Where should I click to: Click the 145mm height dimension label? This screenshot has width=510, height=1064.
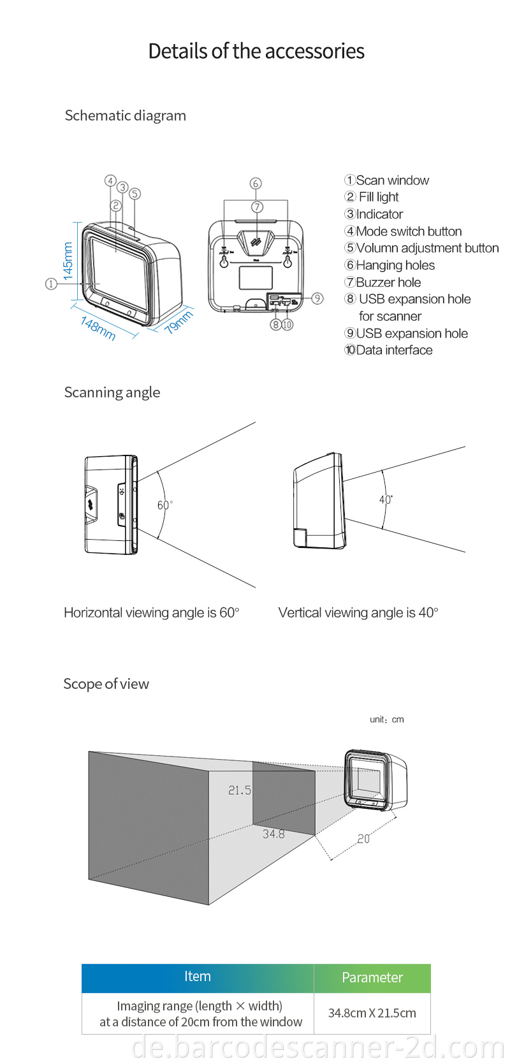tap(68, 260)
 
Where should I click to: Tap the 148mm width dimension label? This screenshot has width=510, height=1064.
tap(98, 328)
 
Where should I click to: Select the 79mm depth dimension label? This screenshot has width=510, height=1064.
tap(178, 322)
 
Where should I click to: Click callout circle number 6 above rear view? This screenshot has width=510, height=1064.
tap(256, 184)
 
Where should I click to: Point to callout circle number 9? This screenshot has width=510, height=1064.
tap(317, 298)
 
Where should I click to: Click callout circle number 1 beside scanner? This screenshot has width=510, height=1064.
tap(51, 284)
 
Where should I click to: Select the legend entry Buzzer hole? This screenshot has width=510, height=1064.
tap(382, 282)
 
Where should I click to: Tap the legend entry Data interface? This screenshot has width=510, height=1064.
tap(388, 350)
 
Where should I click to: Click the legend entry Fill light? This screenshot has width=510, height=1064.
tap(372, 197)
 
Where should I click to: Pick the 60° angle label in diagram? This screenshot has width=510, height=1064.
tap(164, 505)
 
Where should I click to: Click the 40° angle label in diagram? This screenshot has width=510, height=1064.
tap(386, 499)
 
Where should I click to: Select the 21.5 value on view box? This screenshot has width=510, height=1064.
tap(240, 790)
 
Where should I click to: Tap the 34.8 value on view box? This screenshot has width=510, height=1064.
tap(273, 834)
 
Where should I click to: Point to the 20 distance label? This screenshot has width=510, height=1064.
tap(363, 839)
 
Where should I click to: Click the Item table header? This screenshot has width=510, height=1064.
tap(198, 977)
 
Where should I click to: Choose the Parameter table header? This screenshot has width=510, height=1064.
tap(372, 977)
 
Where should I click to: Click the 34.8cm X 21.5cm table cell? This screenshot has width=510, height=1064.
tap(372, 1013)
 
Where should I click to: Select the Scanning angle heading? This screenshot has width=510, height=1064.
tap(112, 392)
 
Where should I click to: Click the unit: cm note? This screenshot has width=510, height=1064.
tap(386, 720)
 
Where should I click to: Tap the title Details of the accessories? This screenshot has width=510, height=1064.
tap(256, 51)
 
